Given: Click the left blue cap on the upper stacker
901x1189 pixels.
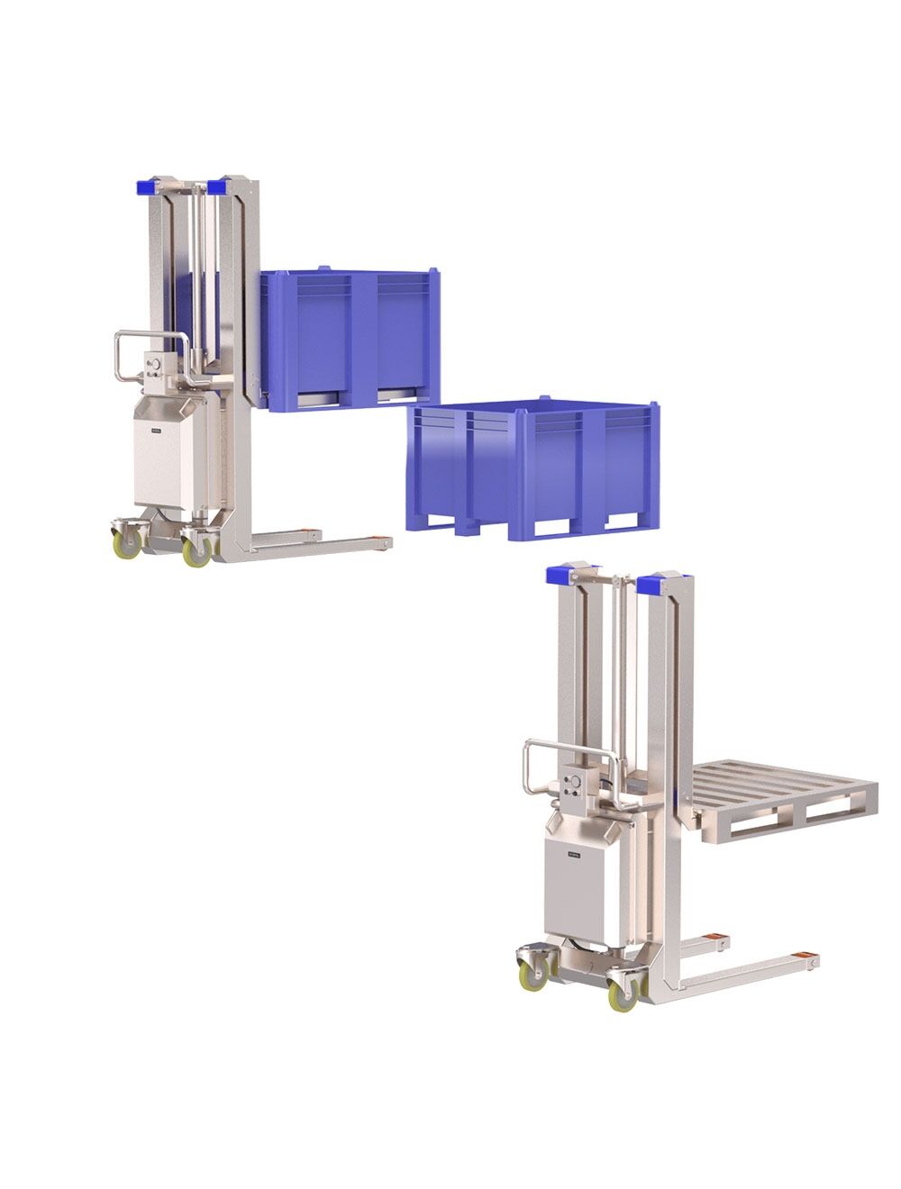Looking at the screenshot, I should click(145, 187).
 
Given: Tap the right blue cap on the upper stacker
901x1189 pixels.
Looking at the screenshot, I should click(215, 187).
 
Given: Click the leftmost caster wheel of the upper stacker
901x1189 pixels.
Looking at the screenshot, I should click(126, 543).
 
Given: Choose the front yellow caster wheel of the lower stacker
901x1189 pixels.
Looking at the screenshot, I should click(622, 993).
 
